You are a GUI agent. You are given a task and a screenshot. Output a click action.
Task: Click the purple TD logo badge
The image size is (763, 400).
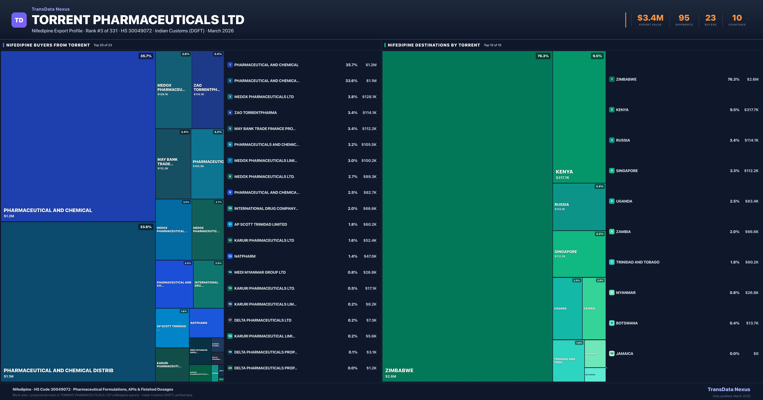(19, 20)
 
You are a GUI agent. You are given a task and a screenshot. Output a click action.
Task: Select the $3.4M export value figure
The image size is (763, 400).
(650, 18)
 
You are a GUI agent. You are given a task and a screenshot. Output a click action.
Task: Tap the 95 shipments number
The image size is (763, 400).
(684, 18)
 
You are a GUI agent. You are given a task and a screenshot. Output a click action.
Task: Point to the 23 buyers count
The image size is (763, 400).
(710, 18)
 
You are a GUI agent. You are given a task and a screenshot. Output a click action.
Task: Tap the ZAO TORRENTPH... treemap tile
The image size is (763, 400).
(208, 90)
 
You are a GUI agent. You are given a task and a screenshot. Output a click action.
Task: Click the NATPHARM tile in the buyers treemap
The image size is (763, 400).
(206, 323)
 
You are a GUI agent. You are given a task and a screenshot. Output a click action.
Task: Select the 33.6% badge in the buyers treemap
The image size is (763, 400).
(146, 227)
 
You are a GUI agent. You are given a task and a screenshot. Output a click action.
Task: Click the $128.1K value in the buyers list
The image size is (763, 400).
(369, 97)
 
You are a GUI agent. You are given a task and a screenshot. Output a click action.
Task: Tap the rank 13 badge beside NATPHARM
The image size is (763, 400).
(230, 256)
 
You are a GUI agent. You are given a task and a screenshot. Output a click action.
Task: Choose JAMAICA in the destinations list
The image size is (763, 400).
(624, 353)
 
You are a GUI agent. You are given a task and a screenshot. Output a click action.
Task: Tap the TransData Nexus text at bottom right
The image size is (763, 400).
(729, 389)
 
